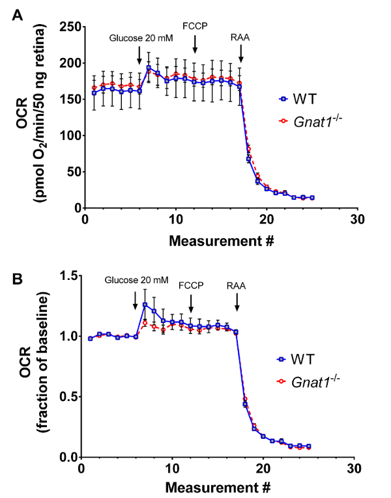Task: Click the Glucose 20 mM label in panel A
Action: pos(140,38)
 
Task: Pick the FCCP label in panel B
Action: pos(191,284)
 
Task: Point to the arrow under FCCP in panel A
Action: pos(195,46)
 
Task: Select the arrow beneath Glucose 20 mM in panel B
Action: pos(135,300)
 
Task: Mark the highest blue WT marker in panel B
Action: pos(145,305)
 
